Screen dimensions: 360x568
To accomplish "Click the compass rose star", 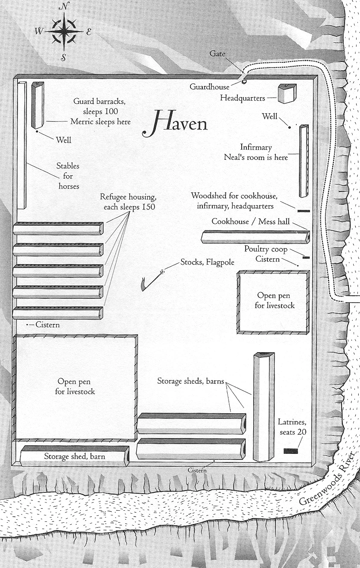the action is pyautogui.click(x=64, y=32).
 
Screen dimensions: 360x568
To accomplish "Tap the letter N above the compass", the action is pyautogui.click(x=63, y=8).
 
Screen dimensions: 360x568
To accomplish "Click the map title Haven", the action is pyautogui.click(x=175, y=123).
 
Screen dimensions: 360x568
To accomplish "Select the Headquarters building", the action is pyautogui.click(x=287, y=93).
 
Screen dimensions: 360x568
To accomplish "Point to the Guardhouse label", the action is pyautogui.click(x=209, y=87).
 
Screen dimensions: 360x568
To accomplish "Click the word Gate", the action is pyautogui.click(x=217, y=54).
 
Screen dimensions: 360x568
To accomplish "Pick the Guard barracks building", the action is pyautogui.click(x=38, y=105).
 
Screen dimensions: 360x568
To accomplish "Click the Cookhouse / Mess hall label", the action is pyautogui.click(x=251, y=222).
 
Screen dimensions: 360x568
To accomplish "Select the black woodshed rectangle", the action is pyautogui.click(x=304, y=211).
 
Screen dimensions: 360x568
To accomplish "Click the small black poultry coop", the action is pyautogui.click(x=306, y=258).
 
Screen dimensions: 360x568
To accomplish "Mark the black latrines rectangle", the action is pyautogui.click(x=290, y=451).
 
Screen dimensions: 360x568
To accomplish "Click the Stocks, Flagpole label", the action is pyautogui.click(x=207, y=262).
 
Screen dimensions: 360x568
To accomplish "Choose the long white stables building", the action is pyautogui.click(x=22, y=146).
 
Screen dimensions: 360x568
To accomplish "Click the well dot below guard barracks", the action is pyautogui.click(x=37, y=131).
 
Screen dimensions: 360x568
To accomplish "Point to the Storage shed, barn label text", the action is pyautogui.click(x=74, y=456).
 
